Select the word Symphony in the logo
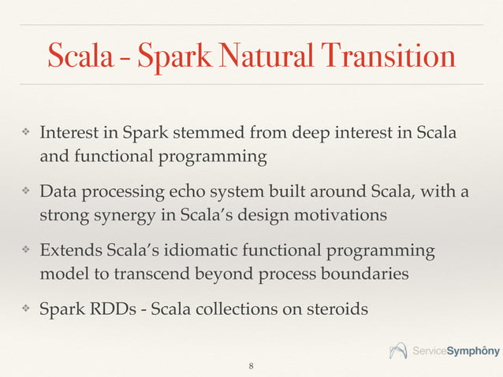tap(472, 350)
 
